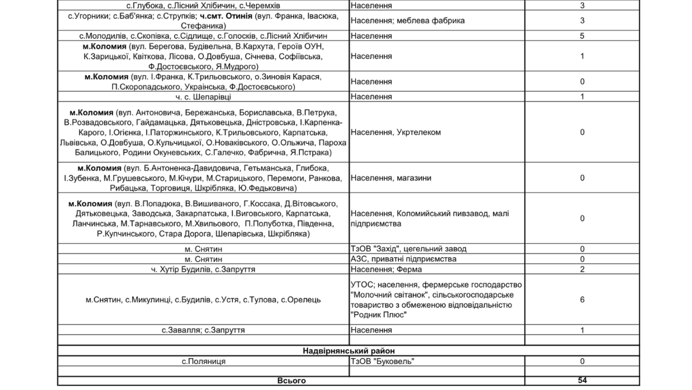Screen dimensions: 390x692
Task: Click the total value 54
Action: point(582,381)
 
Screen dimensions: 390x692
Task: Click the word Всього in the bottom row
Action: point(291,381)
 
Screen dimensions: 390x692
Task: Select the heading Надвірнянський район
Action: point(349,351)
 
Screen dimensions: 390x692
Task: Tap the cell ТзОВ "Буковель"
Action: point(382,361)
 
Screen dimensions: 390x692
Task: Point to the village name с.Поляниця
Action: point(204,361)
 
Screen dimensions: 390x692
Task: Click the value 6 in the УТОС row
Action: point(582,300)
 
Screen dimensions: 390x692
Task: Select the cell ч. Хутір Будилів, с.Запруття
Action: point(204,269)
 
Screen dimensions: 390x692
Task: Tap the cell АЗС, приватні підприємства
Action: point(403,259)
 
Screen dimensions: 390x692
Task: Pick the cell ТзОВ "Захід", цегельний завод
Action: point(408,249)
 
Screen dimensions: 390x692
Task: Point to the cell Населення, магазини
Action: point(390,178)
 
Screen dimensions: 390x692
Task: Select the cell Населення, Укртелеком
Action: point(396,132)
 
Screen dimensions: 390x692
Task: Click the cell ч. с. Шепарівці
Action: point(204,96)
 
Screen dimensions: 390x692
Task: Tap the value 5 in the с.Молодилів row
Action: point(582,36)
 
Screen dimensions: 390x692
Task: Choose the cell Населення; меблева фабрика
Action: point(407,21)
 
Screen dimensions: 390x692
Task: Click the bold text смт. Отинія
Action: point(226,16)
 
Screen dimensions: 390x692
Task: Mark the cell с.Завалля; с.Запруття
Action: point(204,330)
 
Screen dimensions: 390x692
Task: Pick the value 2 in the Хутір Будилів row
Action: point(582,269)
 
